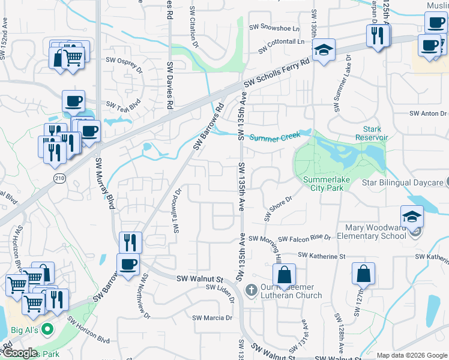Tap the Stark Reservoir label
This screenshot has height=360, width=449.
(376, 133)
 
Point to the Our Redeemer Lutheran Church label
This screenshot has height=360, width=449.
(291, 291)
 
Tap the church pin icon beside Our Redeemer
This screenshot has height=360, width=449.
(252, 290)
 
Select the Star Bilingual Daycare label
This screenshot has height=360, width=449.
(403, 182)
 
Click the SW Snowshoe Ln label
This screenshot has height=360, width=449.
(279, 28)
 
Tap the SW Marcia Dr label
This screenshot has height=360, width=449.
(212, 317)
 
